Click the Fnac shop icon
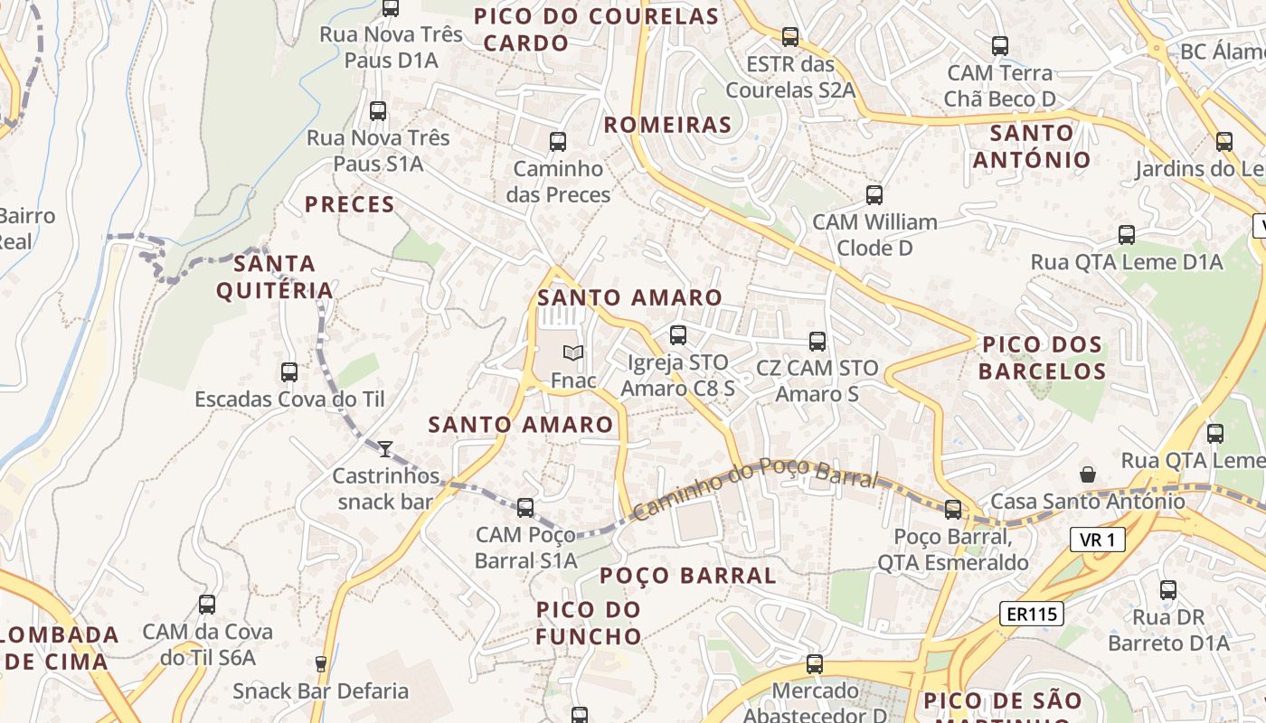(572, 352)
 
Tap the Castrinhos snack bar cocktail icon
(385, 448)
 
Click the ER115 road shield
(1031, 615)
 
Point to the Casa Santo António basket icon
(1088, 474)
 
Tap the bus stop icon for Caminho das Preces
(558, 142)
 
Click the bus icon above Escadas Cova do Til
(289, 371)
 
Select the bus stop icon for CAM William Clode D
(874, 195)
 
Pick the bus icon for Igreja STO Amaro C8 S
(677, 335)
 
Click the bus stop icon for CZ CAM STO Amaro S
(817, 341)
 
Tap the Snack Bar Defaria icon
(320, 664)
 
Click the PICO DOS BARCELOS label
(1042, 358)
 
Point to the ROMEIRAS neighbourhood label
(667, 125)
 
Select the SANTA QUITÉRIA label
(275, 277)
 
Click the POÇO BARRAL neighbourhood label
(688, 576)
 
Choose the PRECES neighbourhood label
(350, 204)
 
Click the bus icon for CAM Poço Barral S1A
(525, 508)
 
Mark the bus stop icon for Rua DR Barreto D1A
(1168, 591)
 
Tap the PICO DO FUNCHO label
(589, 623)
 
